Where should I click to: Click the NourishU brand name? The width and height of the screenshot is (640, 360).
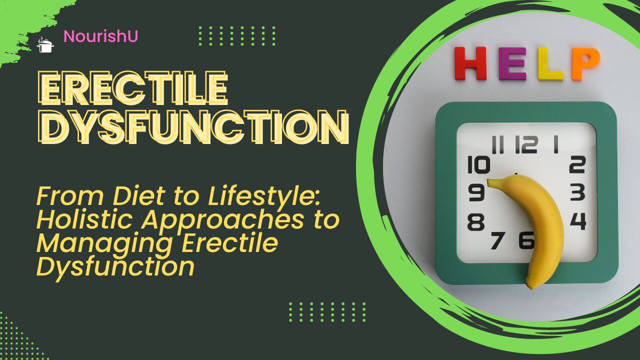[101, 36]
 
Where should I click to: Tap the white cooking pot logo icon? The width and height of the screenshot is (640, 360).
[45, 45]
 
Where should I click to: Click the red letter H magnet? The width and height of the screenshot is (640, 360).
[470, 64]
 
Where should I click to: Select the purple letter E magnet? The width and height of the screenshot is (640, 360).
[512, 64]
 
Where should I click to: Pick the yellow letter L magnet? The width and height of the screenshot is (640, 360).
[550, 64]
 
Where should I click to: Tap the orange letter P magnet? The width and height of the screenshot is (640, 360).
[585, 63]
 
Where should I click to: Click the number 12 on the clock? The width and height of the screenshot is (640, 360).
[526, 144]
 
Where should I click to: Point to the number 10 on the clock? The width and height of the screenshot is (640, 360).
[478, 165]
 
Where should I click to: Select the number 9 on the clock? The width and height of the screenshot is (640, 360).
[476, 192]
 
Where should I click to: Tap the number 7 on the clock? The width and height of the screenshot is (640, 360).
[497, 240]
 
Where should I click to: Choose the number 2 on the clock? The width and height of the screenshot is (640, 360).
[577, 164]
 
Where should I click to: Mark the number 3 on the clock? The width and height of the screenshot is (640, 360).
[577, 192]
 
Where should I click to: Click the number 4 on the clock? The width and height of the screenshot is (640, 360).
[578, 221]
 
